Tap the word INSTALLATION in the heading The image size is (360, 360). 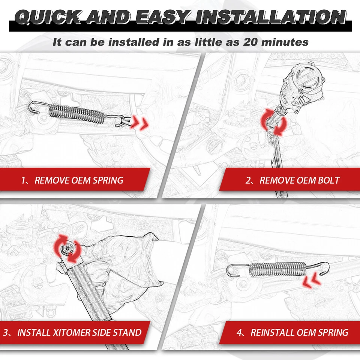pyautogui.click(x=271, y=17)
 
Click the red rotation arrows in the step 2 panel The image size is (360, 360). pyautogui.click(x=274, y=122)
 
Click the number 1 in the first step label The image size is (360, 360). pyautogui.click(x=23, y=180)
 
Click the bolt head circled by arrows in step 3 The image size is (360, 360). pyautogui.click(x=67, y=248)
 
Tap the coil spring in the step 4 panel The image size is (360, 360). pyautogui.click(x=278, y=269)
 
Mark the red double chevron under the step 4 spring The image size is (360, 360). pyautogui.click(x=312, y=280)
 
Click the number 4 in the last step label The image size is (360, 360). pyautogui.click(x=239, y=333)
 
